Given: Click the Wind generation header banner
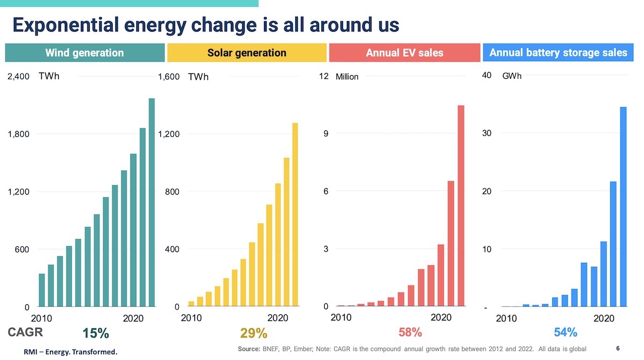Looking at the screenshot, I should tap(85, 53).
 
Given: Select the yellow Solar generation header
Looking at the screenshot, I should tap(247, 53).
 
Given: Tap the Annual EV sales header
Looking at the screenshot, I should tap(404, 53).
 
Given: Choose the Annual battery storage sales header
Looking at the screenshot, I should tap(558, 53).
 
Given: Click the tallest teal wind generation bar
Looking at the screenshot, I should tap(151, 202).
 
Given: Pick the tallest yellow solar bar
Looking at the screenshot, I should tap(295, 215).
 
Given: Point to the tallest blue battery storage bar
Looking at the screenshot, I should tap(623, 207).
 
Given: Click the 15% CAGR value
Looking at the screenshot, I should tap(96, 334).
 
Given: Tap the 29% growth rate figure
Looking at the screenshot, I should tap(253, 334).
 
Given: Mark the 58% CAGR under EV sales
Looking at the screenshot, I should tap(410, 332).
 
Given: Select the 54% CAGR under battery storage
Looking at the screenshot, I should tap(565, 332).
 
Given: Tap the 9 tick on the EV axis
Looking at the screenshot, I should tap(325, 134).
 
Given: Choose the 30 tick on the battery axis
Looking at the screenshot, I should tap(487, 134).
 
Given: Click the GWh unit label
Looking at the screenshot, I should tap(511, 76).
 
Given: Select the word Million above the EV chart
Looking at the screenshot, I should tap(347, 77).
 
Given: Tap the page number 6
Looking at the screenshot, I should tap(618, 349).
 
